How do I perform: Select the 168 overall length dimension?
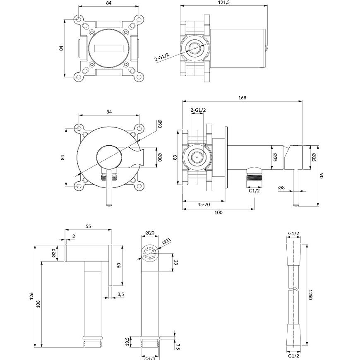[242, 98]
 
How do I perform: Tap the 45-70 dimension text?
[204, 204]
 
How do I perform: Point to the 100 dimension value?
[218, 212]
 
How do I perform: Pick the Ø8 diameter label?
[281, 187]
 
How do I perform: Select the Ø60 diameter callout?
[159, 124]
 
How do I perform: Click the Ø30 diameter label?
[160, 157]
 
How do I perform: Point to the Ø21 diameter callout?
[167, 242]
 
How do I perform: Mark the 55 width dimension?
[88, 226]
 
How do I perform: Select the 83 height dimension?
[175, 157]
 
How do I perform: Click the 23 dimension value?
[176, 262]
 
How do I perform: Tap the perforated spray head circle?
[150, 253]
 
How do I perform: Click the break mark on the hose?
[295, 288]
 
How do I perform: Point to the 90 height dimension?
[321, 175]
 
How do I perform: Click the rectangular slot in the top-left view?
[109, 48]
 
